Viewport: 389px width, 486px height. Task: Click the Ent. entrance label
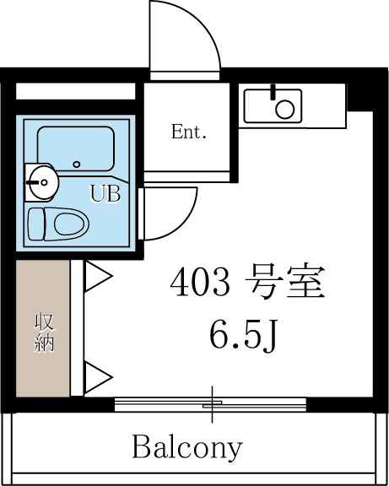pos(189,132)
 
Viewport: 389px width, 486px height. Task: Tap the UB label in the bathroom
pos(105,193)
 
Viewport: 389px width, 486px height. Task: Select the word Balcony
pos(186,445)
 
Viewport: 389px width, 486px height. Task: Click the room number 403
pos(199,284)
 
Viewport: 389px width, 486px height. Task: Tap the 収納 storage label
pos(43,333)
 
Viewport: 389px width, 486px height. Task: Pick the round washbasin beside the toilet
pos(40,179)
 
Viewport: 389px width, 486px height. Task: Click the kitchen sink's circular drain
pos(286,108)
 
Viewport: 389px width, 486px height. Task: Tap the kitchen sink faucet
pos(273,92)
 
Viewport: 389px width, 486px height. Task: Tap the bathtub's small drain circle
pos(77,164)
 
